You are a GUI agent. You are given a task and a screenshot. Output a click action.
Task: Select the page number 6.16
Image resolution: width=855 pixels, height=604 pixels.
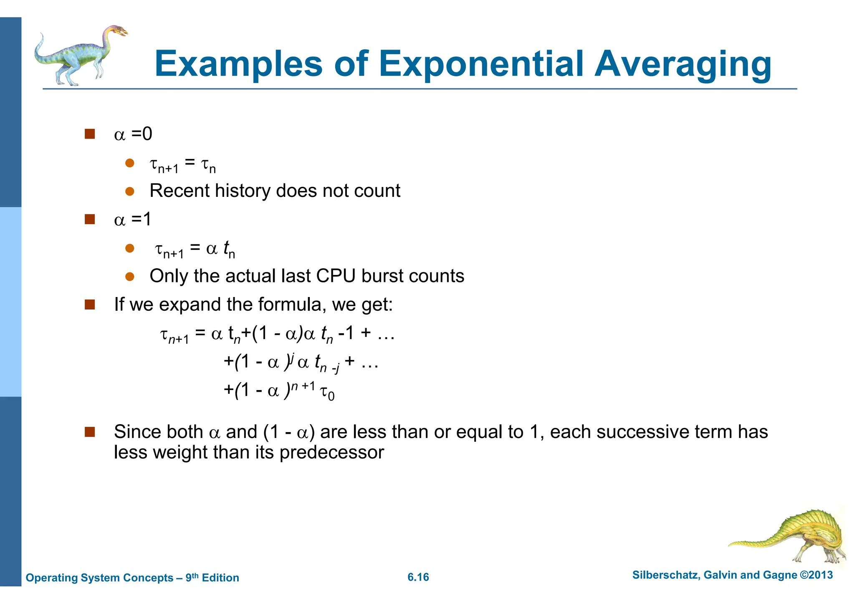tap(418, 577)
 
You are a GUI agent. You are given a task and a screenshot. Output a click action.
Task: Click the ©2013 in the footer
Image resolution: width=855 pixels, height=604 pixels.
tap(816, 575)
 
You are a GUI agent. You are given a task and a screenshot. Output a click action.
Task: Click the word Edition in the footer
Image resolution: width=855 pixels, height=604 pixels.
tap(220, 578)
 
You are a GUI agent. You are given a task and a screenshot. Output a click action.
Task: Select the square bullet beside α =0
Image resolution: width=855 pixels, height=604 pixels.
tap(90, 134)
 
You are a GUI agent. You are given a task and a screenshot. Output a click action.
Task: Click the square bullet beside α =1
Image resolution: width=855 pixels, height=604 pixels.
tap(90, 219)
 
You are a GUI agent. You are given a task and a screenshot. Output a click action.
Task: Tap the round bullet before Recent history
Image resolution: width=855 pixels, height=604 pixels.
tap(130, 191)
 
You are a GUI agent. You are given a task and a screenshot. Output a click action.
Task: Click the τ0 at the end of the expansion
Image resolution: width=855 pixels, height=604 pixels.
tap(327, 393)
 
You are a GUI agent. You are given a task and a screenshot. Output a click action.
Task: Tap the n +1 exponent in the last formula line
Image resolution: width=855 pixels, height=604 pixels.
tap(303, 386)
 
